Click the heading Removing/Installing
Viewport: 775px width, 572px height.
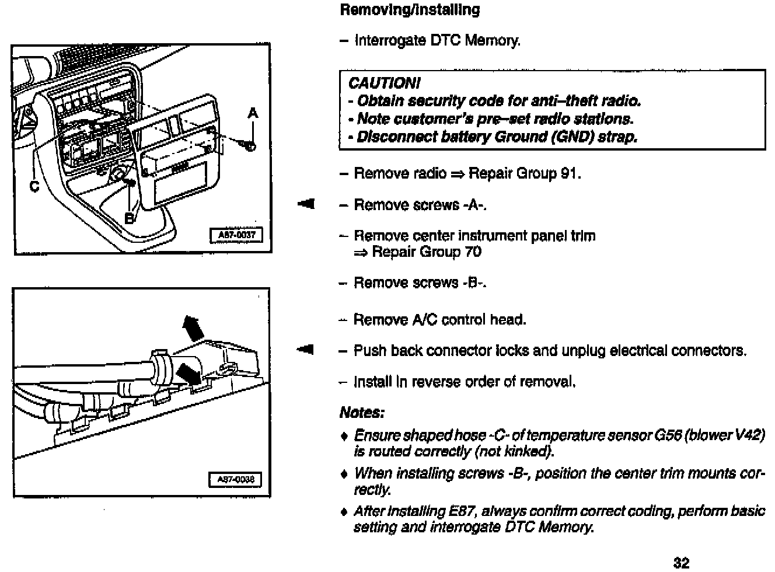point(410,10)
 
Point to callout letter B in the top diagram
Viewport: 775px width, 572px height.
point(130,218)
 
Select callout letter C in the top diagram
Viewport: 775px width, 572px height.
point(34,186)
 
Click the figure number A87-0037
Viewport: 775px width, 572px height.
point(236,235)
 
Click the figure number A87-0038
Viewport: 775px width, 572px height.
point(236,480)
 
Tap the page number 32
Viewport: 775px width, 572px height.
point(681,563)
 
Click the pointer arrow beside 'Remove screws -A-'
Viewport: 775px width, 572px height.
point(305,204)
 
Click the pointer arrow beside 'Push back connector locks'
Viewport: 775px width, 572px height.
point(305,350)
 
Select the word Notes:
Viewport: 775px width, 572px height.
point(362,413)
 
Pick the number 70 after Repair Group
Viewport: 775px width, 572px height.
point(473,252)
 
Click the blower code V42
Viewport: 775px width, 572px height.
point(749,436)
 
